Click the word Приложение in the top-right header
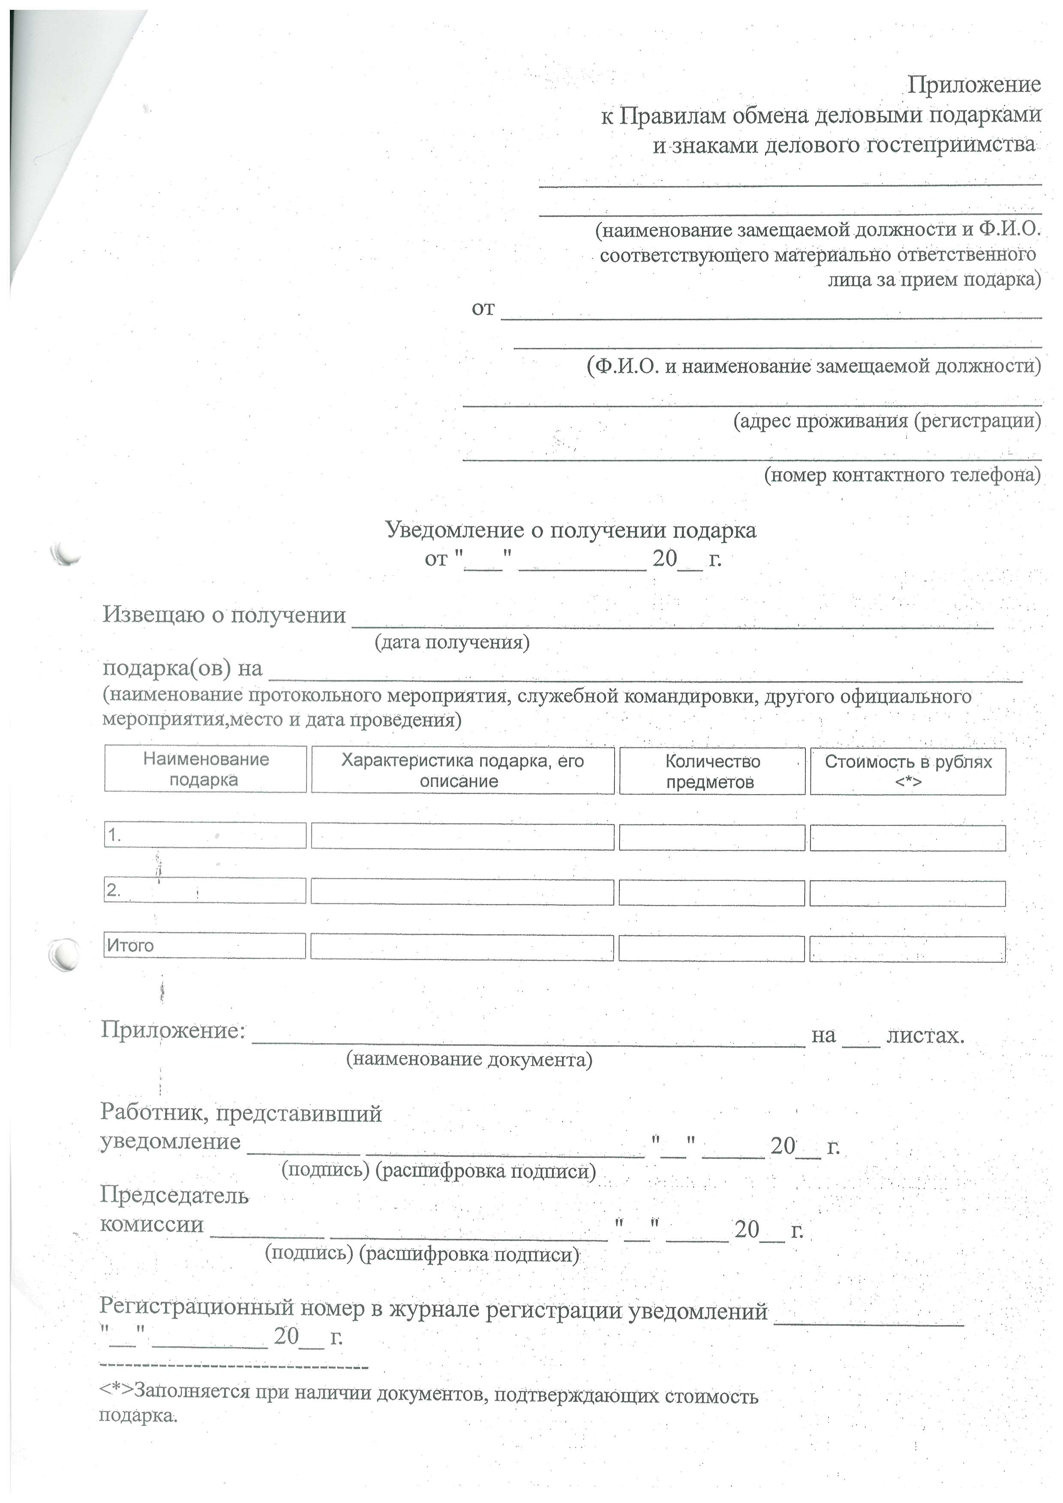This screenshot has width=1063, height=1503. [973, 84]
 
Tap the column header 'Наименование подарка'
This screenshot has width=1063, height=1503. [206, 769]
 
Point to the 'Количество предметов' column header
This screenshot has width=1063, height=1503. [712, 771]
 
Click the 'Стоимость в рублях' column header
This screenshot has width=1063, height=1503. [908, 771]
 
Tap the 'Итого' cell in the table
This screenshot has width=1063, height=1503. [204, 945]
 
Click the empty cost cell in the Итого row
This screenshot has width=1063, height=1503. [907, 948]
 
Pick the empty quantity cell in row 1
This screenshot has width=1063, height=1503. [712, 837]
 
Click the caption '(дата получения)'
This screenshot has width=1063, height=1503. [452, 642]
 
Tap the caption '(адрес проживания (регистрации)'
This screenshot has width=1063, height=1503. [887, 420]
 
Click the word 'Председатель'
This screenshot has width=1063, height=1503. [174, 1195]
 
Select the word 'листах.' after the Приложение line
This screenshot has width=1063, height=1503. [925, 1035]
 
